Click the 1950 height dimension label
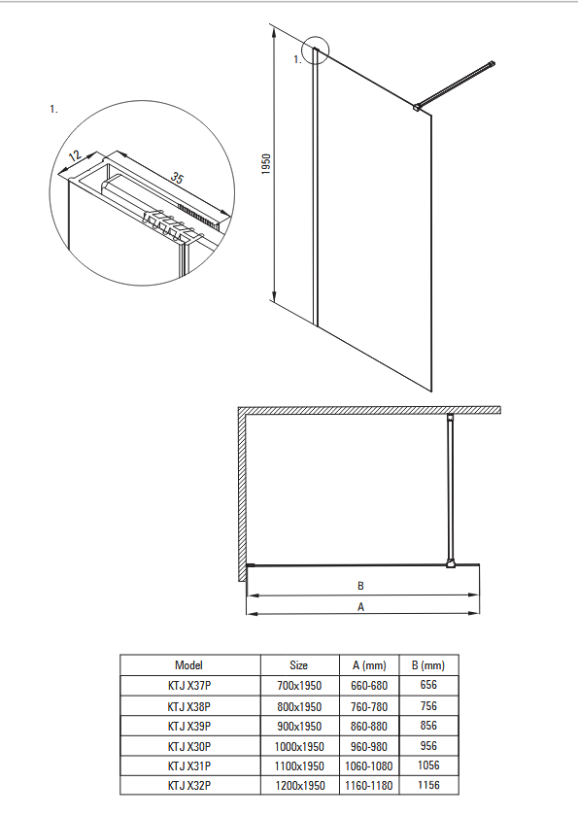pos(266,164)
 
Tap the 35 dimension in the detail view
pos(177,178)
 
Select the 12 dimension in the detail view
pos(75,155)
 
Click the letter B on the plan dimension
pos(360,586)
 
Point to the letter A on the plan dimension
pos(360,607)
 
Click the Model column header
pos(188,665)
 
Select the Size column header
pos(298,665)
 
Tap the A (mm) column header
pos(369,665)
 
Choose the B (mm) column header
pos(428,665)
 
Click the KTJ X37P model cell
pos(189,686)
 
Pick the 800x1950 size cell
pos(299,707)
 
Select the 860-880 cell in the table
pos(369,726)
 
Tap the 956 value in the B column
pos(428,746)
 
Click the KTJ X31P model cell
pos(189,766)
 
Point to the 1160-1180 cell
pos(369,785)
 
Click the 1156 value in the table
pos(428,785)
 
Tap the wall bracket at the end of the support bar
pos(490,64)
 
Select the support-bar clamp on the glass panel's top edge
pos(418,107)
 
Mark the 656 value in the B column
pos(428,685)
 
